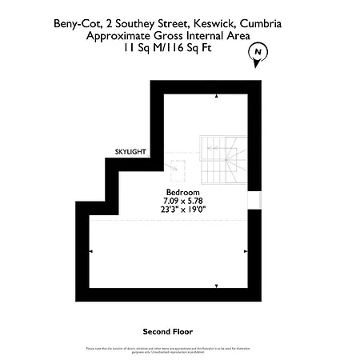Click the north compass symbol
[258, 53]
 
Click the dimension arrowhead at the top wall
[215, 98]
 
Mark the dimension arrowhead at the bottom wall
[215, 285]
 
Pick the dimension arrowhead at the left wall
[90, 251]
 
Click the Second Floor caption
[167, 330]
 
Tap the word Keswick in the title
[228, 25]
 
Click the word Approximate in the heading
[120, 37]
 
